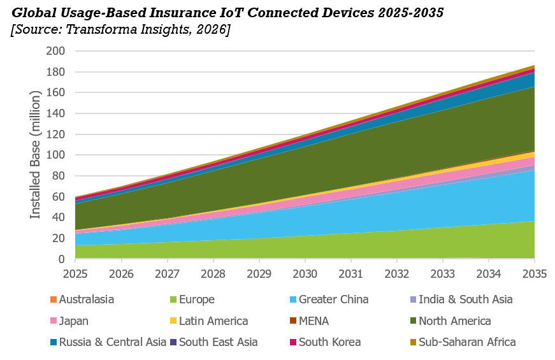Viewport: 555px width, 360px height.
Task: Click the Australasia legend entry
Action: tap(82, 299)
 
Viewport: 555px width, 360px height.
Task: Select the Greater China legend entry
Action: tap(329, 299)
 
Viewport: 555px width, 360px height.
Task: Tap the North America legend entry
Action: tap(450, 321)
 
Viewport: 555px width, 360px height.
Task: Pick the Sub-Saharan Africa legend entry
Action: tap(463, 342)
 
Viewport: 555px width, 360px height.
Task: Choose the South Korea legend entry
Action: tap(326, 342)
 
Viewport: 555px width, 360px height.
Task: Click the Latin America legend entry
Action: tap(209, 321)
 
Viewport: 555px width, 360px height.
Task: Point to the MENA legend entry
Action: tap(310, 321)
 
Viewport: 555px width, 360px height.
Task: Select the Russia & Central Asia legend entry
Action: tap(108, 342)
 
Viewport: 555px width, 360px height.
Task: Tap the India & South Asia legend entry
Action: tap(461, 299)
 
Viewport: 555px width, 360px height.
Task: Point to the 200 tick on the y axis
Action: tap(55, 51)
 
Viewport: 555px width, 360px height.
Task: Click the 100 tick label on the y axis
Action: tap(55, 155)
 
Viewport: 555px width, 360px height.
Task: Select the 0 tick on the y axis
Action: tap(62, 259)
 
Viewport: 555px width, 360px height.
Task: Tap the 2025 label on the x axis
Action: tap(75, 274)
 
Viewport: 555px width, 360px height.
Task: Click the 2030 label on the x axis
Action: tap(305, 274)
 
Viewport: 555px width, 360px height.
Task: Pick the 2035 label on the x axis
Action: tap(535, 274)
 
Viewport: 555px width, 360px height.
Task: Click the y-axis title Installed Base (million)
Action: tap(35, 155)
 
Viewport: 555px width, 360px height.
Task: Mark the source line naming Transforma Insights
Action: tap(120, 29)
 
